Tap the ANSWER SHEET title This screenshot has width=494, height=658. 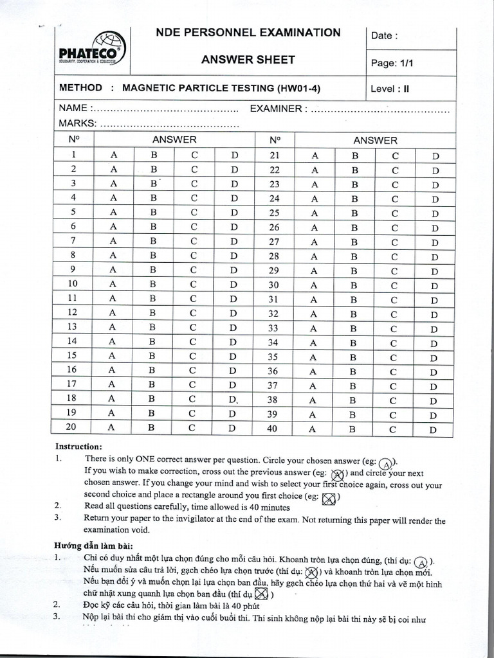tap(248, 60)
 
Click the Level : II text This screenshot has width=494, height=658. tap(390, 89)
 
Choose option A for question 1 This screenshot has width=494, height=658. tap(114, 155)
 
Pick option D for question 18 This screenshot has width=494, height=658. tap(233, 399)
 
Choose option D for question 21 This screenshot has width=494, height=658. tap(435, 156)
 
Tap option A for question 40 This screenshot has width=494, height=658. tap(315, 430)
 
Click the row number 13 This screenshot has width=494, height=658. tap(72, 326)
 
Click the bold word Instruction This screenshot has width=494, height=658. tap(78, 446)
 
